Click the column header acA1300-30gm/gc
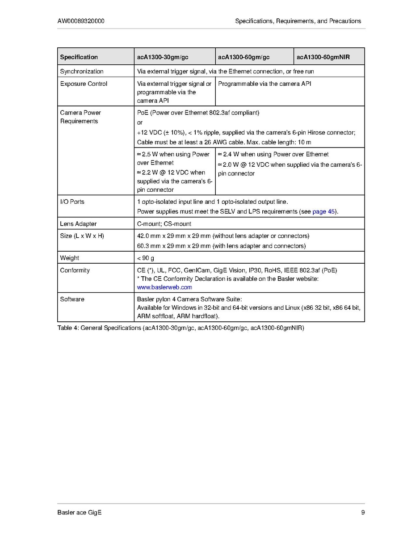click(163, 57)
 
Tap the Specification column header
click(79, 57)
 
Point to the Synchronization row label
click(82, 72)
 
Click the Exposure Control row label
click(84, 84)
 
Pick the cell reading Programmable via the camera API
click(264, 84)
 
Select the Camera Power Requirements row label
click(80, 117)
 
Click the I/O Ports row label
click(72, 202)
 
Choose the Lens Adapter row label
click(78, 224)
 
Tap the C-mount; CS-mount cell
click(164, 224)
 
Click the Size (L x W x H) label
click(82, 236)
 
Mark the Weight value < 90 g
click(146, 258)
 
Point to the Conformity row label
click(75, 270)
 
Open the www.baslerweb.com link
click(164, 287)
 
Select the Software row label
click(72, 299)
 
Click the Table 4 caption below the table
click(181, 329)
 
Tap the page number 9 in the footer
click(363, 513)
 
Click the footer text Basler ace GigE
click(80, 513)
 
